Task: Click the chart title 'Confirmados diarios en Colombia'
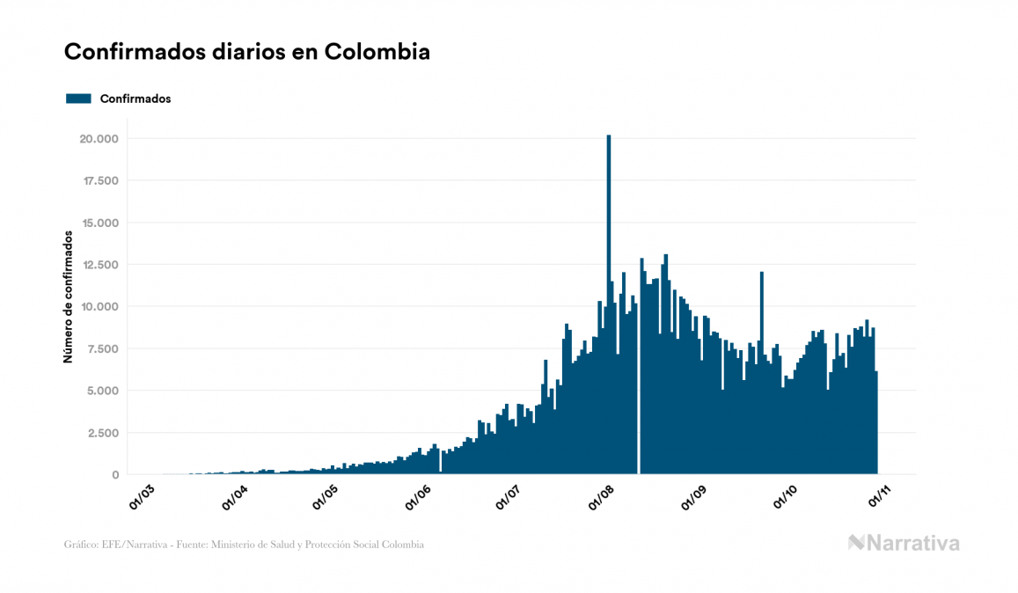(247, 53)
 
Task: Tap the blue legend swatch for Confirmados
(79, 99)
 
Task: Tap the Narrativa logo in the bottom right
(904, 543)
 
